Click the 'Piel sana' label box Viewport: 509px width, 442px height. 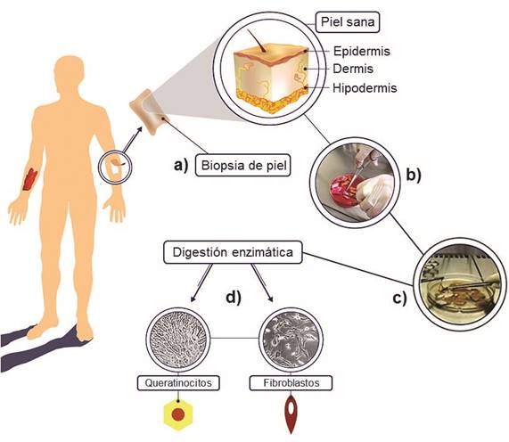point(348,22)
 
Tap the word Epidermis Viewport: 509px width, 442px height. point(362,52)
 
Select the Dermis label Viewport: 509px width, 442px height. point(353,69)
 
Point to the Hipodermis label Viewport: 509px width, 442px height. point(365,88)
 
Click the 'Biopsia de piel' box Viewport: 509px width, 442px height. point(243,165)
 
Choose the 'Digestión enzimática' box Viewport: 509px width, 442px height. point(233,252)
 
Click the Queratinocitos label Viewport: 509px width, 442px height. point(178,383)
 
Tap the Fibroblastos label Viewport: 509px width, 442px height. point(291,383)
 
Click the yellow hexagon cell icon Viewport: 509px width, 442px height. point(178,414)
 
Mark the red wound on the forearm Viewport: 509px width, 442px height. point(29,179)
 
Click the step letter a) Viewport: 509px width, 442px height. point(181,165)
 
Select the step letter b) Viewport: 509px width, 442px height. point(414,176)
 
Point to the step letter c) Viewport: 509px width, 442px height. point(399,298)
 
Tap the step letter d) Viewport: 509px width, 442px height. point(234,297)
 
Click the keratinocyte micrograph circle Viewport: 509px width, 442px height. point(178,340)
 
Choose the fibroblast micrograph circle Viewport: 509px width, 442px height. point(291,340)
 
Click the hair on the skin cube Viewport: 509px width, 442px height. point(258,41)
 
